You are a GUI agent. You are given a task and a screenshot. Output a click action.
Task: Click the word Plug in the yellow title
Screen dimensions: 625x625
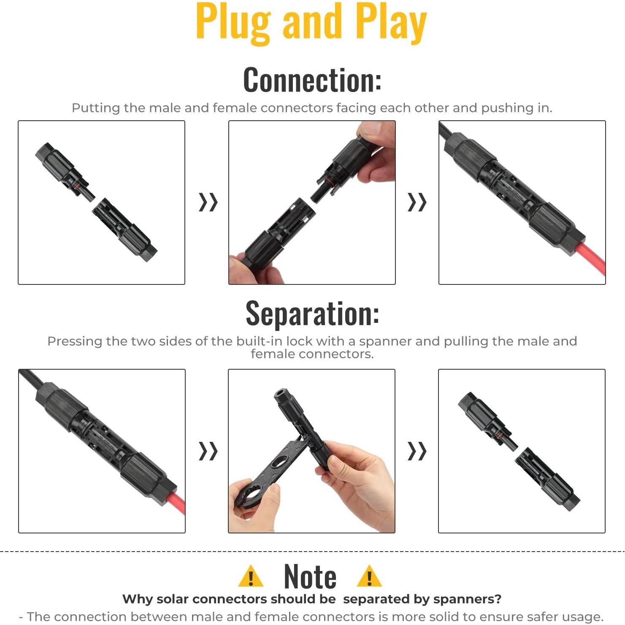click(233, 23)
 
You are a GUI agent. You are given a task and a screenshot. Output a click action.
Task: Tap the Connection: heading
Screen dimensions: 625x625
click(312, 80)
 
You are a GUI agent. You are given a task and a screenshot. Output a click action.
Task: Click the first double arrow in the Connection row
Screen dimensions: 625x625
click(208, 202)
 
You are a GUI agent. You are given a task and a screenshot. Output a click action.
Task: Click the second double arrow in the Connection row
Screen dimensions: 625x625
click(417, 202)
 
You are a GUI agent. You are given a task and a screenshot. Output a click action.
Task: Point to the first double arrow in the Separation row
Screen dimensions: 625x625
click(208, 451)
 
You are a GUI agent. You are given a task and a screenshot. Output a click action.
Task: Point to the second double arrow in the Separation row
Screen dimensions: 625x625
click(417, 451)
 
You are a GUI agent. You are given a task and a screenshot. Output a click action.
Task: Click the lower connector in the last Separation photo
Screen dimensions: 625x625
click(548, 479)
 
